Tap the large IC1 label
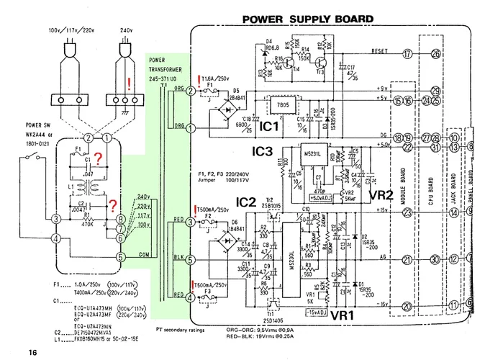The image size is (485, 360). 275,127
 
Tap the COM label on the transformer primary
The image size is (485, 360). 144,254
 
